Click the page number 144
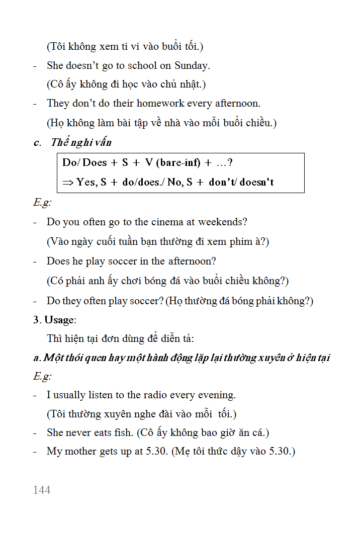tap(42, 490)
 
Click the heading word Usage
tap(59, 320)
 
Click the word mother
tap(82, 451)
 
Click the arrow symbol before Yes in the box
tap(68, 182)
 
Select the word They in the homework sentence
tap(57, 104)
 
